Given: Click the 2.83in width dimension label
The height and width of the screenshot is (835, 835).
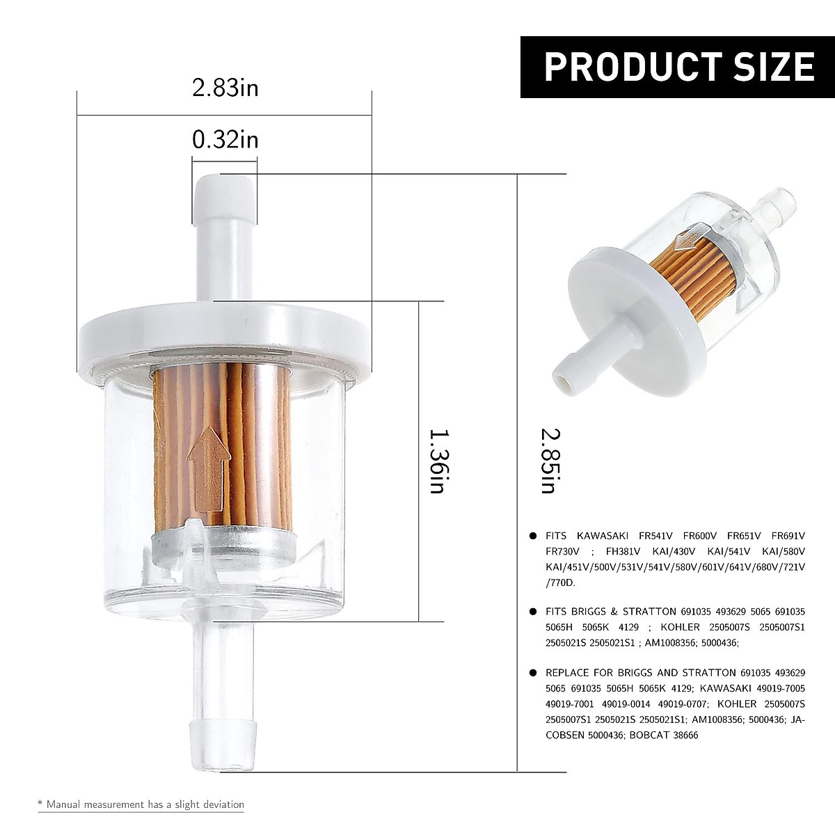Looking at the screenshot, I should click(225, 88).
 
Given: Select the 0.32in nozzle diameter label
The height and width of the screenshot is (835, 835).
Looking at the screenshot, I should click(225, 140).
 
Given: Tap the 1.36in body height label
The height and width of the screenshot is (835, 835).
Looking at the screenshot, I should click(436, 461).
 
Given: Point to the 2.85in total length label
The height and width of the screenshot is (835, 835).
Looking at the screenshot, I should click(550, 461).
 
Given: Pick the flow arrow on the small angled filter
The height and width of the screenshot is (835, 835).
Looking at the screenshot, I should click(687, 236).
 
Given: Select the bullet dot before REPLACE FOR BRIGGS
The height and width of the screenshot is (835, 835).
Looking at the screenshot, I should click(532, 673).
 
